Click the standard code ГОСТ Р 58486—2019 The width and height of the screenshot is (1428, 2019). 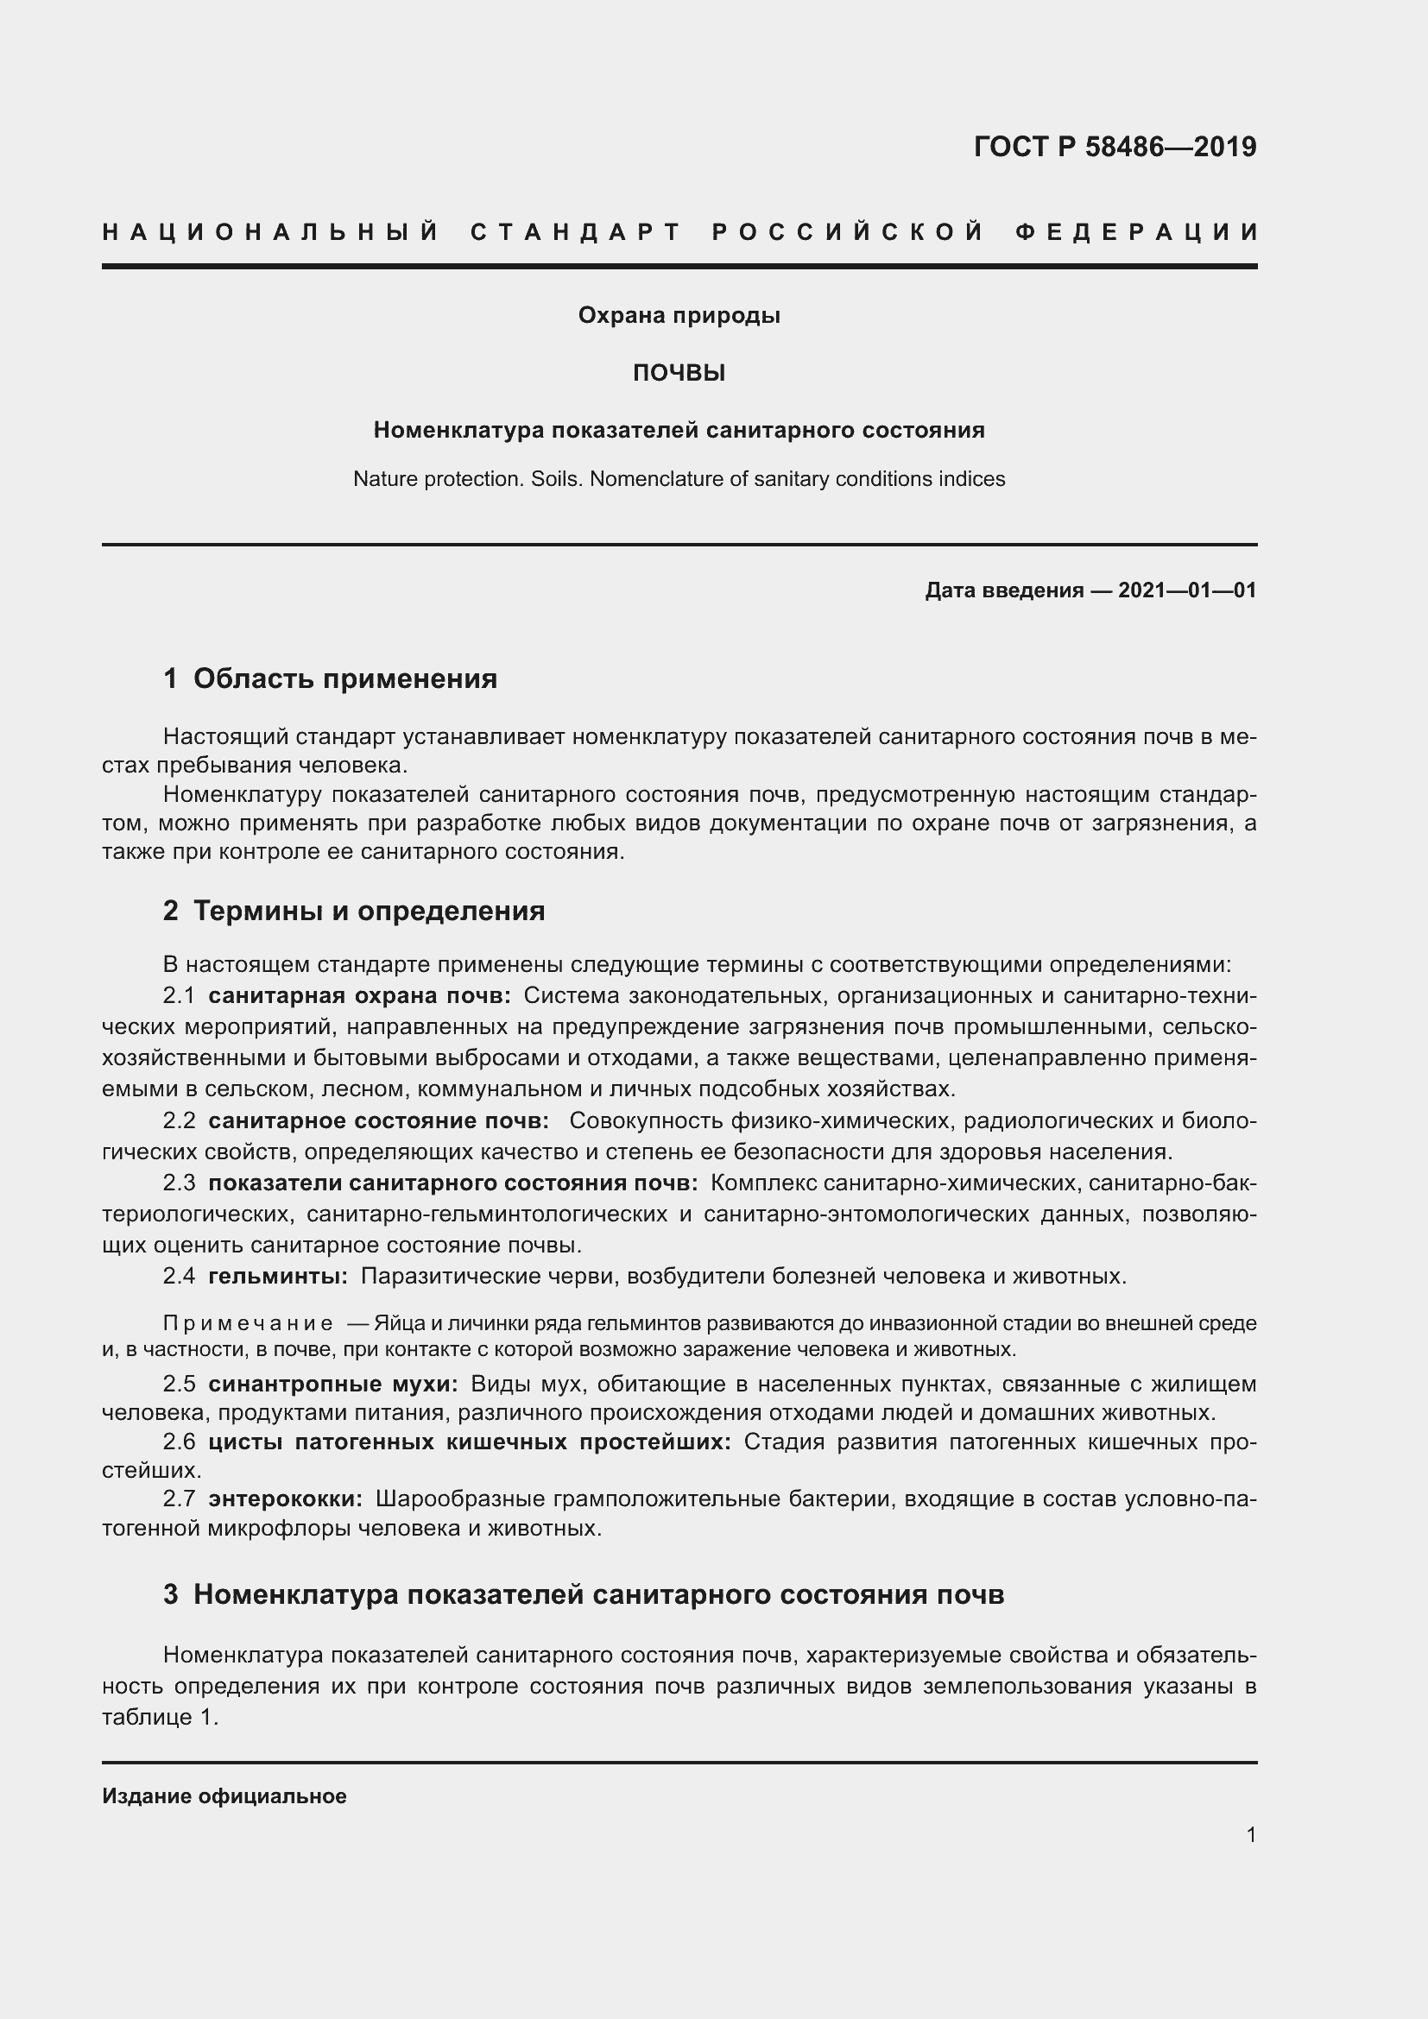point(1115,147)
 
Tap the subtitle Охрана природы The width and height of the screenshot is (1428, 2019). point(679,316)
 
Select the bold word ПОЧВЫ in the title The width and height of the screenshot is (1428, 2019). point(679,374)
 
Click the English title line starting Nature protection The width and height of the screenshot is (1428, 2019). point(679,479)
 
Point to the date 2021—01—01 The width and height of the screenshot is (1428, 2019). point(1187,590)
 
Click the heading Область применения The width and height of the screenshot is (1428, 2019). point(344,678)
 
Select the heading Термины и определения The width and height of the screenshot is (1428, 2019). point(369,911)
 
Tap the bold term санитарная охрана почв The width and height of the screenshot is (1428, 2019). point(359,995)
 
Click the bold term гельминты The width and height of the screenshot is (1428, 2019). point(278,1276)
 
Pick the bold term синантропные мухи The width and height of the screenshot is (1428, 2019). point(332,1384)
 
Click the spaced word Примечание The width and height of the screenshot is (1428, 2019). point(248,1323)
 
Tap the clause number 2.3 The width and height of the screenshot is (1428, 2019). point(179,1183)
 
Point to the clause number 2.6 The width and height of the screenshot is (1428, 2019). point(179,1442)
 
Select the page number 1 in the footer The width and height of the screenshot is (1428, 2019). point(1250,1835)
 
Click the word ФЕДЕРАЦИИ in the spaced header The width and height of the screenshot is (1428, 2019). point(1138,233)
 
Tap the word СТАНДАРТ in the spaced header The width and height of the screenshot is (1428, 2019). point(576,233)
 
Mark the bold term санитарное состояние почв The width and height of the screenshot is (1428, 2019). point(378,1121)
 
